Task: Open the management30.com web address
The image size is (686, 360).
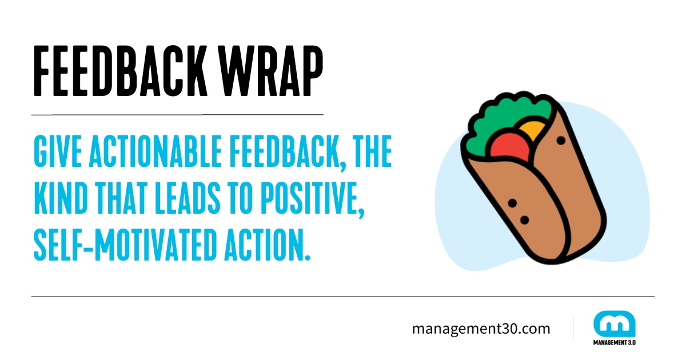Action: click(481, 329)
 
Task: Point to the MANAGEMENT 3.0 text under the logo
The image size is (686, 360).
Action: click(614, 343)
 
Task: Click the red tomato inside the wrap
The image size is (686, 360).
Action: click(509, 145)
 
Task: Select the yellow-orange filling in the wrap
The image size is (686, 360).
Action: click(532, 129)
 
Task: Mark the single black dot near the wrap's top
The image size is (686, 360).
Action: click(561, 139)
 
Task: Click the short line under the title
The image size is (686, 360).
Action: click(177, 115)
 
